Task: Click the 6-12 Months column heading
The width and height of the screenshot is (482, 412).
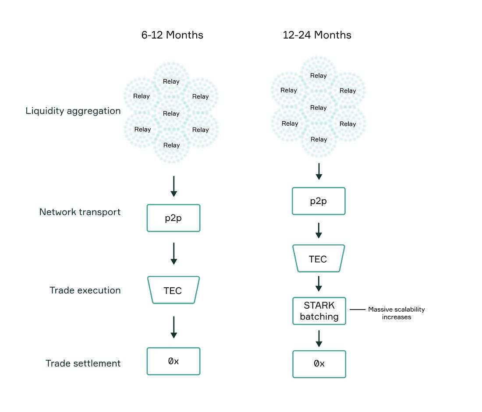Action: [x=172, y=35]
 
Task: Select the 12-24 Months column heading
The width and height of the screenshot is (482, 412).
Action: [x=317, y=35]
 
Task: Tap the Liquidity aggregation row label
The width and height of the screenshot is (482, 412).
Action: [x=73, y=111]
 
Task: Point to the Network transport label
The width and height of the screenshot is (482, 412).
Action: [x=80, y=212]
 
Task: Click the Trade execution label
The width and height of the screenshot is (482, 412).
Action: [x=85, y=290]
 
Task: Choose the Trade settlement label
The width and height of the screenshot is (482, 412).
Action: [x=83, y=363]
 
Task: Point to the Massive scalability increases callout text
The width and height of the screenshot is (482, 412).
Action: [x=396, y=313]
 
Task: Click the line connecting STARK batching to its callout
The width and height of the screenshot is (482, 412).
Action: [x=357, y=310]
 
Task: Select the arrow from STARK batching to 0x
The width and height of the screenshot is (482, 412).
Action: [x=319, y=338]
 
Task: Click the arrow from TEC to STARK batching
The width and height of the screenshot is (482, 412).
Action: [x=319, y=284]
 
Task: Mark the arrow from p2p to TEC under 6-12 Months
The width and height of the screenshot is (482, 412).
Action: [x=174, y=254]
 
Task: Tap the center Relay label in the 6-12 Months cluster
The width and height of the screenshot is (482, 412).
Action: [x=171, y=114]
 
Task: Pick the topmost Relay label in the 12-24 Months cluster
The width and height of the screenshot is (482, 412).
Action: [x=318, y=76]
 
